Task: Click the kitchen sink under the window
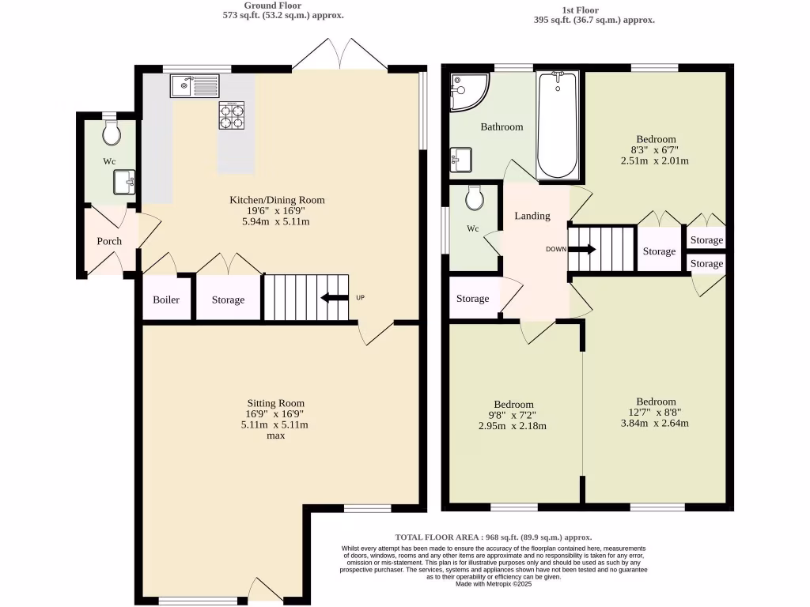pos(195,84)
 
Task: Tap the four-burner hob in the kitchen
pos(232,115)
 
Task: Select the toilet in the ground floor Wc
pos(112,133)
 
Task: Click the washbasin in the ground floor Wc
pos(123,183)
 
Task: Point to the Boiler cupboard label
pos(166,300)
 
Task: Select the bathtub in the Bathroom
pos(558,125)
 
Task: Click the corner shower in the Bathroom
pos(467,90)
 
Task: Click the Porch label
pos(109,241)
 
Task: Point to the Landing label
pos(532,216)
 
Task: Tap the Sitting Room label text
pos(274,403)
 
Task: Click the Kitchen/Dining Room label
pos(277,200)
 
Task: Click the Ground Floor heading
pos(271,6)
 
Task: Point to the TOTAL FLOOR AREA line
pos(494,537)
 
